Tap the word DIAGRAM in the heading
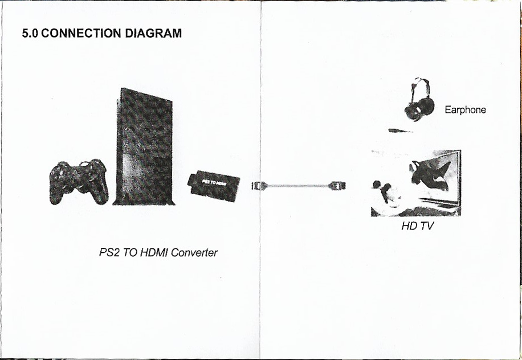coord(153,34)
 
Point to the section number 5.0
coord(30,34)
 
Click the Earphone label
coord(465,110)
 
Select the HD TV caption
coord(417,226)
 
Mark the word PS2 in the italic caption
coord(109,252)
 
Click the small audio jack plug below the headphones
coord(401,131)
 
